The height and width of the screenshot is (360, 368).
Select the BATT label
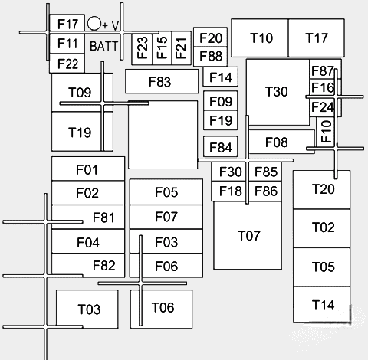point(103,46)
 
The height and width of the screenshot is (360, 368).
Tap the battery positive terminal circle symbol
point(94,25)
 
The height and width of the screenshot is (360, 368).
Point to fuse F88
point(211,56)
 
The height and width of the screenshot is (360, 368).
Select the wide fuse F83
point(160,81)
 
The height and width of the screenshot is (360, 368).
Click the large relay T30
point(277,92)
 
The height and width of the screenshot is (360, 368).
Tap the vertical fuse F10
point(325,131)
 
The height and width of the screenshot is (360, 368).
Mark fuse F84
point(220,147)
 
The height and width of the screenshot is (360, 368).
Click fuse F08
point(278,142)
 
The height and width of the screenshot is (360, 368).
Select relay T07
point(249,235)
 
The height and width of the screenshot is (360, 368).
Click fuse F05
point(166,192)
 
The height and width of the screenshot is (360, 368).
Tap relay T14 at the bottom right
point(323,306)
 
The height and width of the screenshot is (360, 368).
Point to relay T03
point(89,309)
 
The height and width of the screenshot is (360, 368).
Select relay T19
point(79,132)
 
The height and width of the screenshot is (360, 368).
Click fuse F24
point(323,106)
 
